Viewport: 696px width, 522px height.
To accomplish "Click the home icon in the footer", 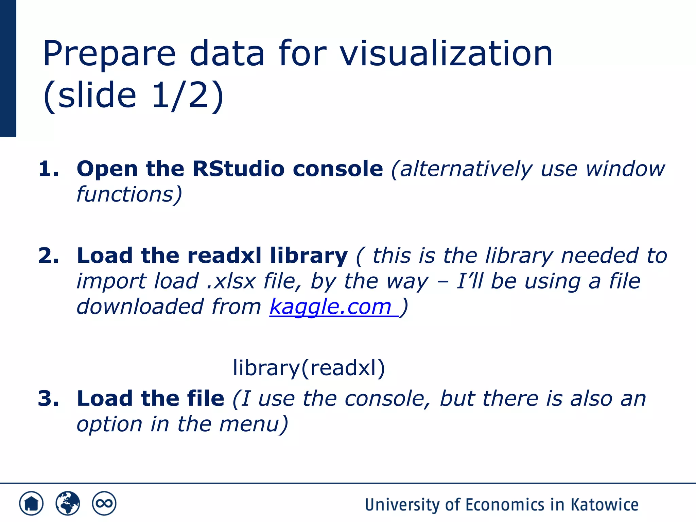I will click(x=31, y=503).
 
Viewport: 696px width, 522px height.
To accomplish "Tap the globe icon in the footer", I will click(x=68, y=503).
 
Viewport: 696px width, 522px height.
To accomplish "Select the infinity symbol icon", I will click(x=104, y=503).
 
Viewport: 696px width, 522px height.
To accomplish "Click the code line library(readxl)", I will click(x=309, y=368).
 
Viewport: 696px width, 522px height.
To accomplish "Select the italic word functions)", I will click(x=129, y=194).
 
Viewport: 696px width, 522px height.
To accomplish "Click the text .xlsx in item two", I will click(x=231, y=281).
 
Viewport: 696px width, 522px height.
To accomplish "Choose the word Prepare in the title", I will click(x=109, y=54).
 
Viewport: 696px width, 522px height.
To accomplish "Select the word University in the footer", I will click(x=402, y=505).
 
